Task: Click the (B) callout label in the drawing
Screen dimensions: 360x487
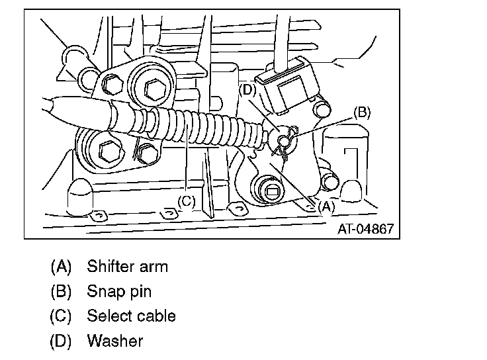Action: (361, 112)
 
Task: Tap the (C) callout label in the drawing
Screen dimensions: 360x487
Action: (187, 201)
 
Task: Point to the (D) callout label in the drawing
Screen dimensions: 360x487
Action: (248, 90)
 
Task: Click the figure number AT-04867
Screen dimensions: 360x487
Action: (365, 229)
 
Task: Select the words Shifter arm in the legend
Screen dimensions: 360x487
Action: (128, 267)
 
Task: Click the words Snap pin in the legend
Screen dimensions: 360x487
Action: (119, 291)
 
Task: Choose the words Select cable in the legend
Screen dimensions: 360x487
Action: (131, 316)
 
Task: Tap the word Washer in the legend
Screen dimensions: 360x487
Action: (114, 341)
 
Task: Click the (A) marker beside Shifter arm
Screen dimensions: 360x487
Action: (60, 267)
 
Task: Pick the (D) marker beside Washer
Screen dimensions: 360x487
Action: (60, 341)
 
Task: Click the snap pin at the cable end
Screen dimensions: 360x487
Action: (285, 141)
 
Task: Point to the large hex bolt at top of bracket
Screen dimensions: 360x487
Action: (154, 87)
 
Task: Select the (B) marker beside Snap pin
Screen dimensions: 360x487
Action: (60, 291)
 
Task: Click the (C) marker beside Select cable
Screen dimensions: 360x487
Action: (60, 316)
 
